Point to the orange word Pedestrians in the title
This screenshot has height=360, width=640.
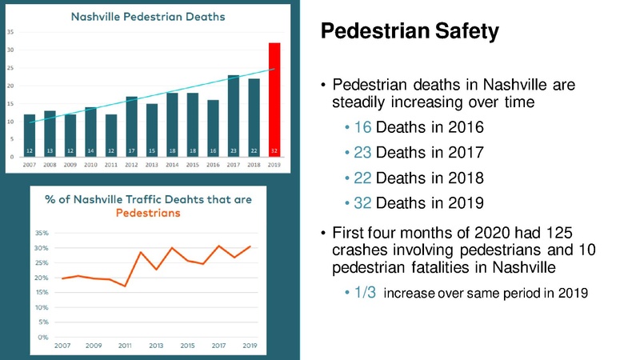148,214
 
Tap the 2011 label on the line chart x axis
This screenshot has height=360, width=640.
124,346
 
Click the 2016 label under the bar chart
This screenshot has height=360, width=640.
212,164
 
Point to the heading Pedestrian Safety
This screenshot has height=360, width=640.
409,32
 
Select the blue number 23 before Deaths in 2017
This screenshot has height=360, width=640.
362,153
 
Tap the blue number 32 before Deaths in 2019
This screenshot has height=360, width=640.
362,202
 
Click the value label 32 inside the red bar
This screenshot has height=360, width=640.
274,150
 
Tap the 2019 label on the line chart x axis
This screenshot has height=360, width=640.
250,346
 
